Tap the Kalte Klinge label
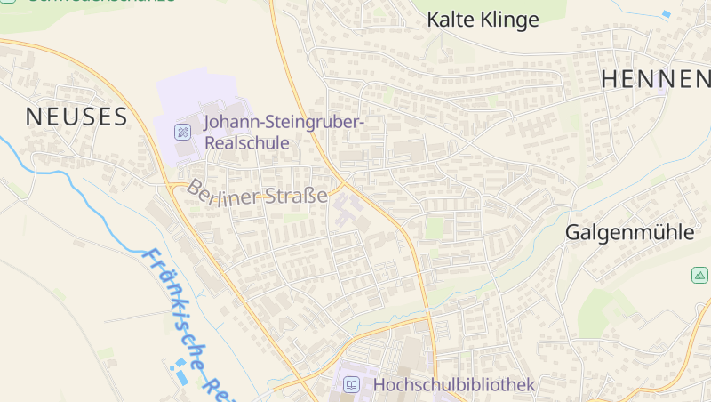pos(483,20)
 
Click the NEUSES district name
pos(76,116)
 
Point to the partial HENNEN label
pos(656,78)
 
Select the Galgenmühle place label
pos(629,233)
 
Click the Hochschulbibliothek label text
pos(454,384)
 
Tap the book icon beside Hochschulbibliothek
pos(352,384)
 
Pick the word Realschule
pos(247,142)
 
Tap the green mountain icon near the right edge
pos(699,276)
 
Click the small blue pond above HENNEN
pos(667,14)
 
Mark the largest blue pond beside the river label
pos(182,376)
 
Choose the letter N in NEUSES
pos(33,116)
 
